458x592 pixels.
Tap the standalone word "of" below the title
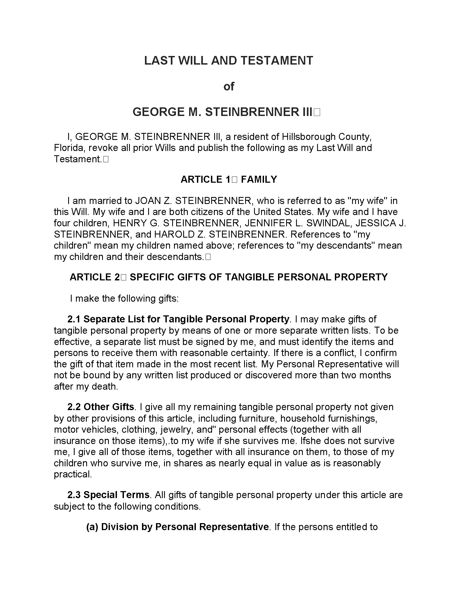coord(229,86)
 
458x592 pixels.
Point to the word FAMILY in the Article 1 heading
coord(259,179)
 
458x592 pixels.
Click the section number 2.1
coord(74,319)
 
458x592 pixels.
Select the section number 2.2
coord(74,407)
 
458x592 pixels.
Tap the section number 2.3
coord(74,495)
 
